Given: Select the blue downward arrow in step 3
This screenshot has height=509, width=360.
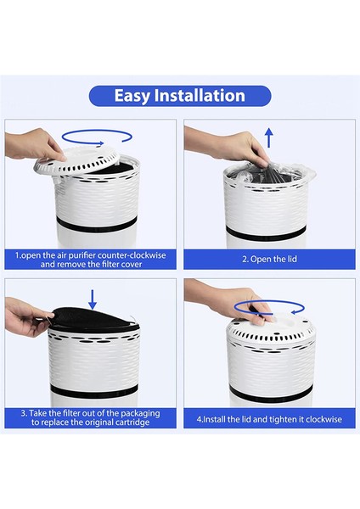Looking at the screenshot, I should pyautogui.click(x=93, y=298).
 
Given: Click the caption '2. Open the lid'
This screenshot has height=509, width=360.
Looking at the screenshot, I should pyautogui.click(x=267, y=259).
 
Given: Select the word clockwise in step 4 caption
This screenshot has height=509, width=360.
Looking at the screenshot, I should pyautogui.click(x=313, y=418).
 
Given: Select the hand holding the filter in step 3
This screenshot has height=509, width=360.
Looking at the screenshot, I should pyautogui.click(x=25, y=317).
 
